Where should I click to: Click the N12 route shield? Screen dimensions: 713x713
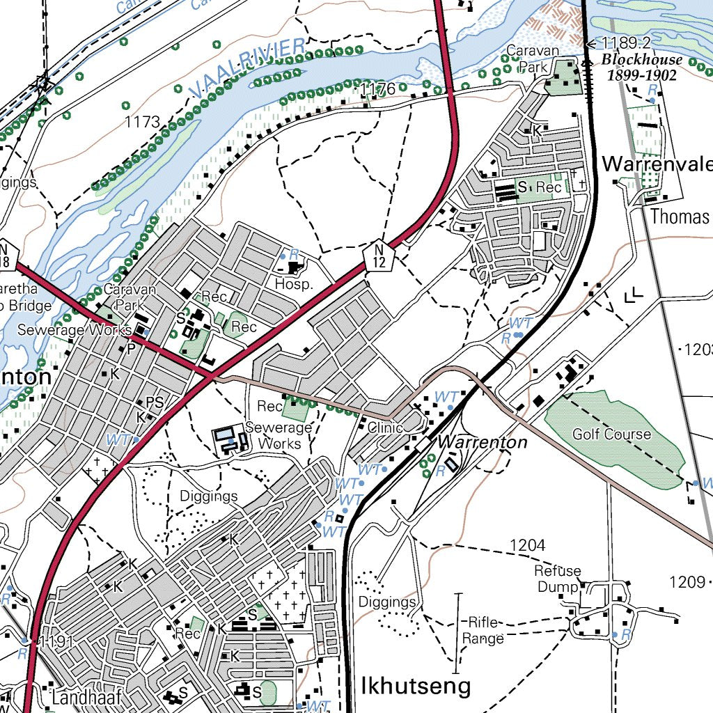point(379,256)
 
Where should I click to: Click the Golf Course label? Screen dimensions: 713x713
point(611,434)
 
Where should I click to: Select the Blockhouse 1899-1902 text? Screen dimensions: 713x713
point(641,68)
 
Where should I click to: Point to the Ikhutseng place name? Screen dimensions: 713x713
point(416,686)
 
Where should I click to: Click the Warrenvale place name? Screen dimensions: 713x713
point(657,164)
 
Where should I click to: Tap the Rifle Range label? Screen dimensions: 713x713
point(483,629)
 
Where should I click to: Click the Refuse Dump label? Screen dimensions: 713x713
point(557,579)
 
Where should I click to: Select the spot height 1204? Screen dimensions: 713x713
point(527,544)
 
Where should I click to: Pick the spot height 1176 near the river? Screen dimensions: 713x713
point(377,88)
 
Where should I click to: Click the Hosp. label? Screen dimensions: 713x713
point(294,285)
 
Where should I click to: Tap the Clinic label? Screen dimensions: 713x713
point(386,428)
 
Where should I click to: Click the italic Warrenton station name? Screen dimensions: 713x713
point(482,442)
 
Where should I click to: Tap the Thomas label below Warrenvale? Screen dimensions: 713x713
point(679,217)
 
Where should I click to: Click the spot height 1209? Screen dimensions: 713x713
point(687,581)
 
